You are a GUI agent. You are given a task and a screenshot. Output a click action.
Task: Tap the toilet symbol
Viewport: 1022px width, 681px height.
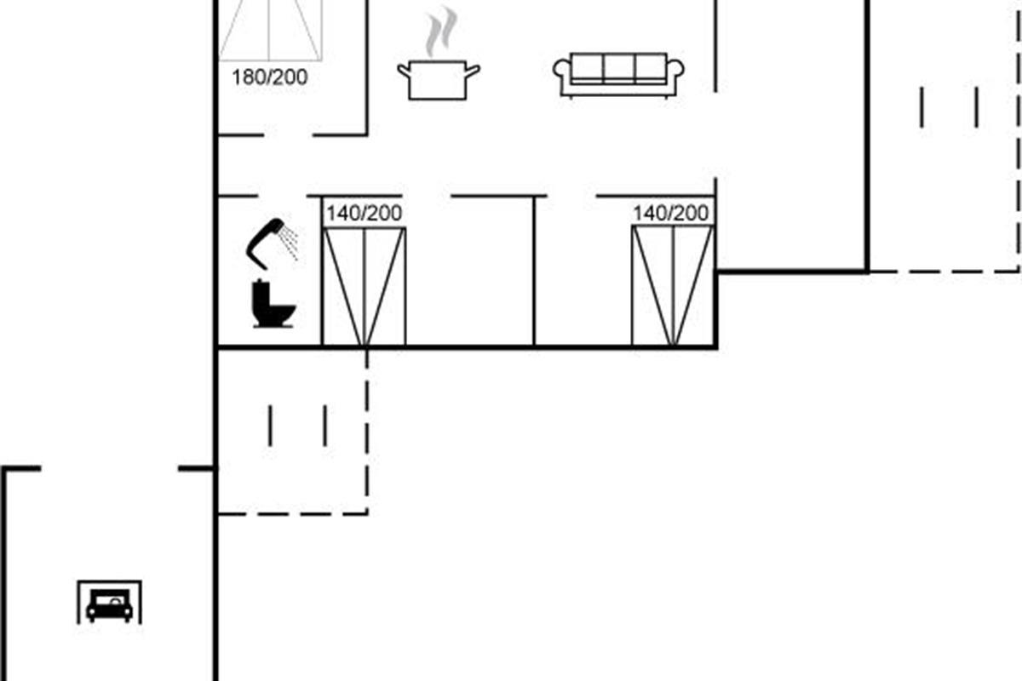[x=273, y=305]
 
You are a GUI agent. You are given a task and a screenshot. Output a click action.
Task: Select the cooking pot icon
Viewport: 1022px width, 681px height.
[x=439, y=80]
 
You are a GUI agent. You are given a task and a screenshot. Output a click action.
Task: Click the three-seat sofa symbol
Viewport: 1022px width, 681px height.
[x=618, y=75]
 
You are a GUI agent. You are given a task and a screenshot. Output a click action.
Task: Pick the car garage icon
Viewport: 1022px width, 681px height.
[x=109, y=603]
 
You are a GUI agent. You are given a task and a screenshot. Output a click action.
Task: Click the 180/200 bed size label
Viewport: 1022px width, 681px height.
[x=269, y=77]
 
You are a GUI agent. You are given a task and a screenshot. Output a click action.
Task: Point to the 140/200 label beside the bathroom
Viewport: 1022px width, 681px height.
[x=364, y=213]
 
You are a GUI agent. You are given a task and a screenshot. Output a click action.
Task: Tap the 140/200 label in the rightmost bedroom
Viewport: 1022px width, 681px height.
[x=670, y=213]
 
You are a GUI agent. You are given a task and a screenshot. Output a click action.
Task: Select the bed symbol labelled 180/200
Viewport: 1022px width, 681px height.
[x=269, y=30]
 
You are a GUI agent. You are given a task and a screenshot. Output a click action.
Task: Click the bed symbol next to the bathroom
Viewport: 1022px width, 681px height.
[x=365, y=286]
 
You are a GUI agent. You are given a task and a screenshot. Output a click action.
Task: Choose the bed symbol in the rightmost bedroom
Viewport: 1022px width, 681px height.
[x=672, y=286]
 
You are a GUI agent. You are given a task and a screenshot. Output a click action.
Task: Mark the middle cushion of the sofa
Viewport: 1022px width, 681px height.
[x=618, y=67]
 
